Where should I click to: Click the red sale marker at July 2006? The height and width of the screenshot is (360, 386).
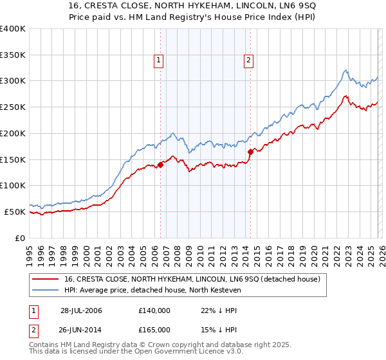161,164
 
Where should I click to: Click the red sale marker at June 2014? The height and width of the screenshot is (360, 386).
250,152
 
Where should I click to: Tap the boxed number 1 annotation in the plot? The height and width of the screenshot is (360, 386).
158,61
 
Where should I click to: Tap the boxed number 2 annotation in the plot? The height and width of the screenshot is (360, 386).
248,61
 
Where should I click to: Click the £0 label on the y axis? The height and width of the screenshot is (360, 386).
20,238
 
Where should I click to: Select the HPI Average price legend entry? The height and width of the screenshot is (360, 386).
152,291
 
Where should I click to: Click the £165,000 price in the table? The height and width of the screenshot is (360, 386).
154,329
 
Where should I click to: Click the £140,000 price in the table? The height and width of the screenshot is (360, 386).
154,310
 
